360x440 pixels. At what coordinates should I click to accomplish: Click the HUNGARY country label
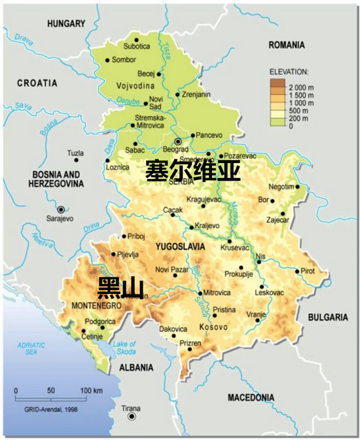click(66, 24)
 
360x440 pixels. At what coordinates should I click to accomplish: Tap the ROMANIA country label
click(287, 45)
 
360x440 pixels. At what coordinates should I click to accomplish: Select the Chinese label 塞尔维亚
click(192, 171)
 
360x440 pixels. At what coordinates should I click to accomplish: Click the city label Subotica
click(137, 46)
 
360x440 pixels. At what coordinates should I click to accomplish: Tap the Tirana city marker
click(132, 416)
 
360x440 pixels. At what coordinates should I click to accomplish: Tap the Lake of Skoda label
click(125, 348)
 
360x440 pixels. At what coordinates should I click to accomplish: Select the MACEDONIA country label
click(251, 397)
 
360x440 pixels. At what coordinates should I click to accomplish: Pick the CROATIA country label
click(37, 83)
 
